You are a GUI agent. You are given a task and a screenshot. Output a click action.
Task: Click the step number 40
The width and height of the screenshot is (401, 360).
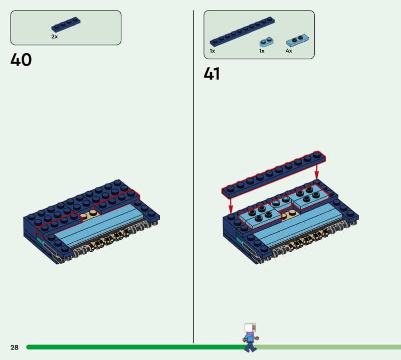point(21,60)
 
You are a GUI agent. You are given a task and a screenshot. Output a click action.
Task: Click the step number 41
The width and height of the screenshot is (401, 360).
point(212,73)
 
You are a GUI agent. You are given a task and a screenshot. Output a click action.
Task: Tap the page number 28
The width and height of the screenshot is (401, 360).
point(15,347)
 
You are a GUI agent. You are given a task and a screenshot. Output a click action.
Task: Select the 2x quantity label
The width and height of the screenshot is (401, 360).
point(55,37)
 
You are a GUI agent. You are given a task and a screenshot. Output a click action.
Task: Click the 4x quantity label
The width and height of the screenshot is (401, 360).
point(289,51)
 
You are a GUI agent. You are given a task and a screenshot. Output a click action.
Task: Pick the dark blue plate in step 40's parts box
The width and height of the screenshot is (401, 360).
point(66,25)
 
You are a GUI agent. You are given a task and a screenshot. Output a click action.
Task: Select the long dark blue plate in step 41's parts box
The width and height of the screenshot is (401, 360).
point(242,32)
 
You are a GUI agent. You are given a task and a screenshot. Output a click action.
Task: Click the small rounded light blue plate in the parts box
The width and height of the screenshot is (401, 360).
point(267,42)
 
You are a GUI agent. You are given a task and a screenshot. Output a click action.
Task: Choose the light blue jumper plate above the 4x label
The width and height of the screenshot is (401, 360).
point(297,41)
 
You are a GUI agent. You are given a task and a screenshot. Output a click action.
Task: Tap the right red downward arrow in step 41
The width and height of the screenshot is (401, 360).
point(317,171)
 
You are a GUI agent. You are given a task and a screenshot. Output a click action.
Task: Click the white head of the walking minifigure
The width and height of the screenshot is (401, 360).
point(250,328)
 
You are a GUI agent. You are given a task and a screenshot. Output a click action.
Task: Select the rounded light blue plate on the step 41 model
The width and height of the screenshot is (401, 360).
point(281,202)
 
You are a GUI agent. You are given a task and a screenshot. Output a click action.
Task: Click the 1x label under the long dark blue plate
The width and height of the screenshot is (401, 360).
point(212,51)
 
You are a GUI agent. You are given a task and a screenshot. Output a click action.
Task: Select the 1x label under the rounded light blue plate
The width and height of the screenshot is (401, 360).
point(262,51)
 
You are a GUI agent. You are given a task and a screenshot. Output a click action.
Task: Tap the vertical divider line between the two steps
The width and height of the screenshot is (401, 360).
point(193,176)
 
